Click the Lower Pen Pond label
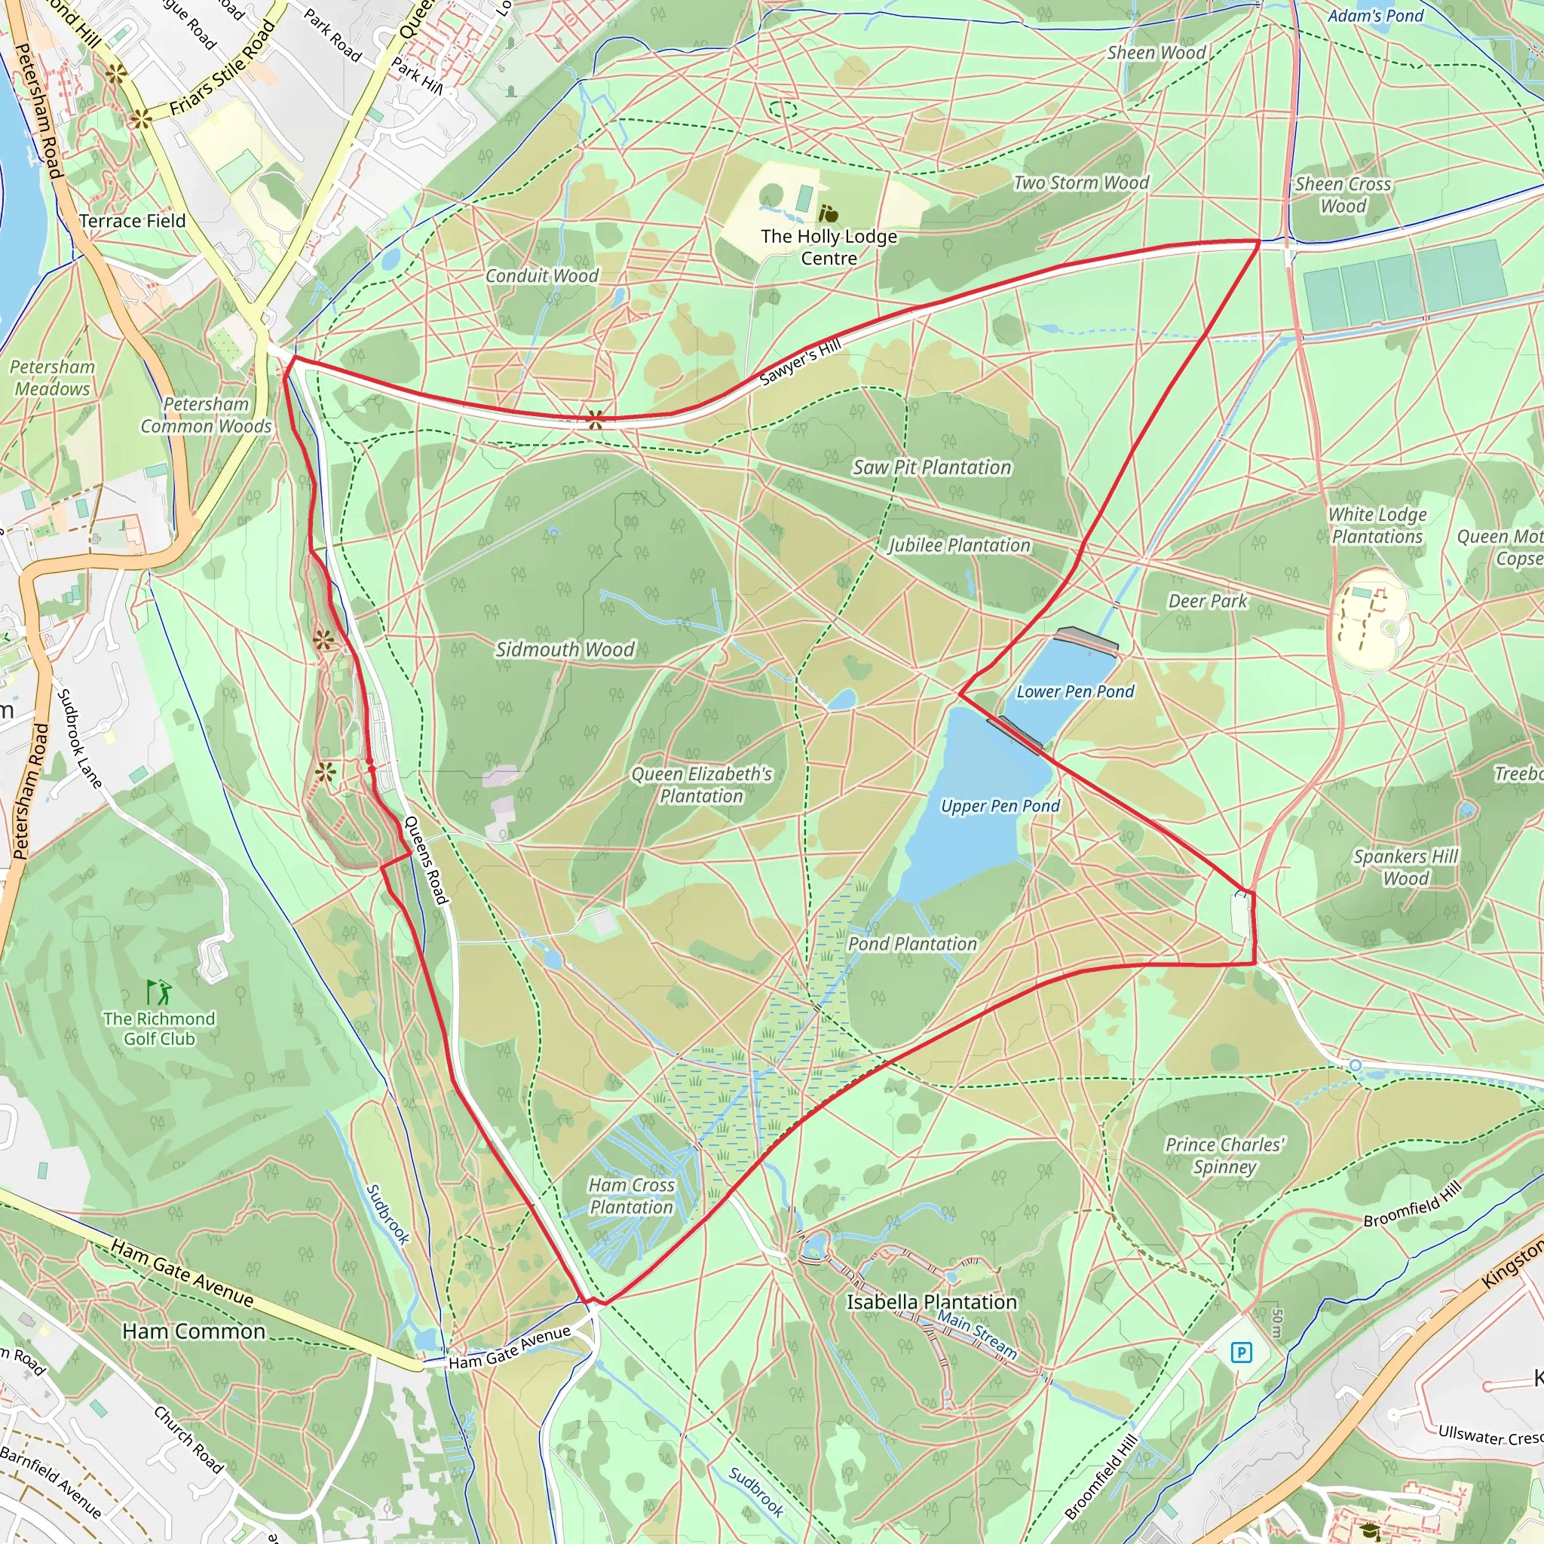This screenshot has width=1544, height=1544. pos(1075,691)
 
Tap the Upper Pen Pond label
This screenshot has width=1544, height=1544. pos(1000,806)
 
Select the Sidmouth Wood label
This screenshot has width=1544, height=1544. pos(565,649)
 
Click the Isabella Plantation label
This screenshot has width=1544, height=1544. pos(931,1302)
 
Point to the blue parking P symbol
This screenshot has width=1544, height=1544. pos(1241,1353)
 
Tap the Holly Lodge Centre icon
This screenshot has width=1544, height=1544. pos(828,213)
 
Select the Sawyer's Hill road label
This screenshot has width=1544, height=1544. pos(800,362)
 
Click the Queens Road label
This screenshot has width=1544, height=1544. pos(426,860)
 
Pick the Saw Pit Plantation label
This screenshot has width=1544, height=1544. pos(932,467)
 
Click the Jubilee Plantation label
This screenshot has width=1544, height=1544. pos(959,545)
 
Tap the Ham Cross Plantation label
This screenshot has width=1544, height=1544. pos(631,1196)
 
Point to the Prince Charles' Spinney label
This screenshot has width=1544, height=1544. pos(1224,1155)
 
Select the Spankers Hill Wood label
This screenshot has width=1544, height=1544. pos(1406,867)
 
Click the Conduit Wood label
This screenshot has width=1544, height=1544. pos(542,276)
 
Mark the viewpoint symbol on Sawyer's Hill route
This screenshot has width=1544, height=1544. pos(596,418)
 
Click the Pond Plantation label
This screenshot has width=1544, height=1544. pos(912,944)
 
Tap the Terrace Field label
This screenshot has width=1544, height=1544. pos(133,221)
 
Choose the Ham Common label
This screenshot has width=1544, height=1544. pos(194,1331)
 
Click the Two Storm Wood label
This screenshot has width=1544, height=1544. pos(1080,182)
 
